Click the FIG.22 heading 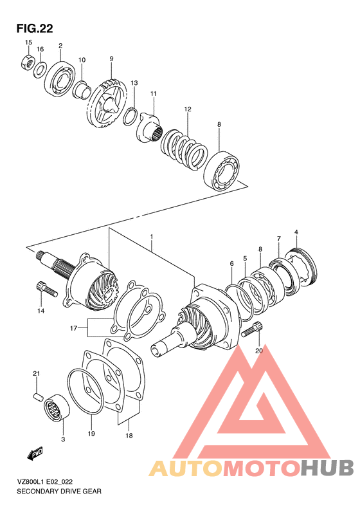point(34,28)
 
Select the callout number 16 point(40,50)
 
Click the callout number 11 point(154,94)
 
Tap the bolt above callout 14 point(42,289)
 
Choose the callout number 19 point(91,434)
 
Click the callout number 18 point(129,436)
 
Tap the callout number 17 point(74,328)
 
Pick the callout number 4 point(296,232)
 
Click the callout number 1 point(151,237)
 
